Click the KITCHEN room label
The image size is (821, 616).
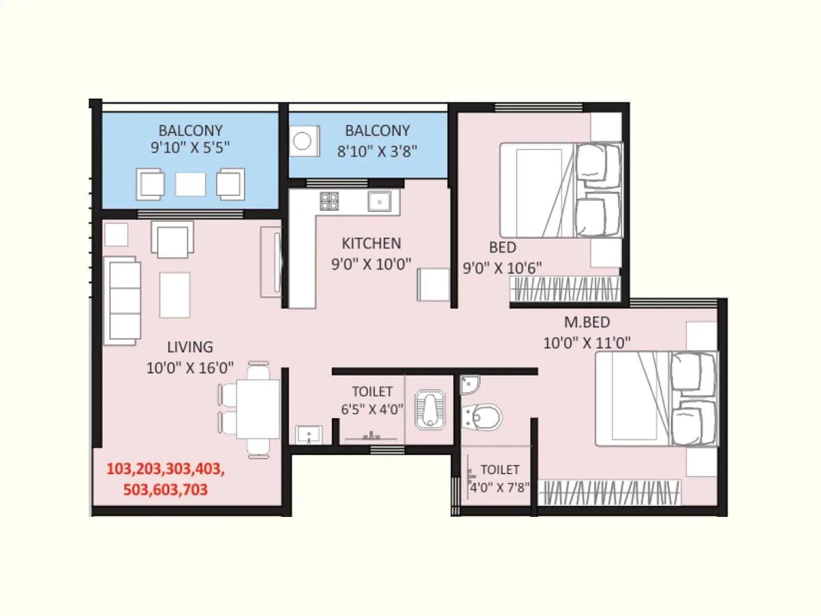[x=371, y=243]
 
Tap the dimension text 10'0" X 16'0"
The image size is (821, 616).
[x=190, y=368]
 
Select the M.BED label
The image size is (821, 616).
[x=587, y=322]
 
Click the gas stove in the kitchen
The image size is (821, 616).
[x=329, y=201]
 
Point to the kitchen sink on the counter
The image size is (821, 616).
[x=380, y=201]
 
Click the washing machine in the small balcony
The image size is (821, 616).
[x=303, y=141]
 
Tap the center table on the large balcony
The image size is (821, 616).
[x=190, y=184]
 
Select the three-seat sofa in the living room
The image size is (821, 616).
[x=122, y=301]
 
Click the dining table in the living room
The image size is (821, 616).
[x=258, y=409]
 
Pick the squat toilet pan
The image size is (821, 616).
[x=429, y=409]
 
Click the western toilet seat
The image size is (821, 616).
[x=482, y=417]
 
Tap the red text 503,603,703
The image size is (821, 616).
[x=165, y=490]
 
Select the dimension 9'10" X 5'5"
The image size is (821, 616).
[x=190, y=148]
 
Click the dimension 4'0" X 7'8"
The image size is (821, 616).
[x=499, y=488]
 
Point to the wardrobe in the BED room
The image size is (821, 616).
[x=564, y=289]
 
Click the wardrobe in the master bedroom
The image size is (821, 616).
[x=611, y=493]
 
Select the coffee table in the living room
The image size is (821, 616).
[x=174, y=295]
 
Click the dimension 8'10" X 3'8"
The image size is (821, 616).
[x=377, y=151]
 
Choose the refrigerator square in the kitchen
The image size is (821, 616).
[x=433, y=284]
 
